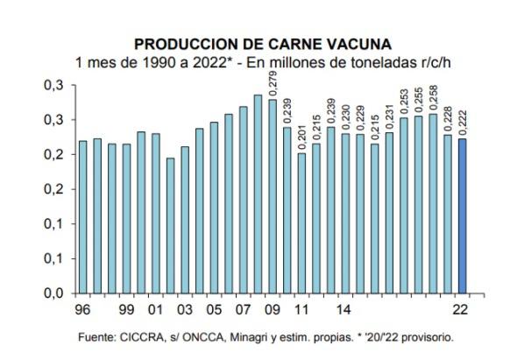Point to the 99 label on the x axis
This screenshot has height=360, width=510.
click(127, 308)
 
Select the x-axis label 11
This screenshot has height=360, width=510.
click(301, 308)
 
